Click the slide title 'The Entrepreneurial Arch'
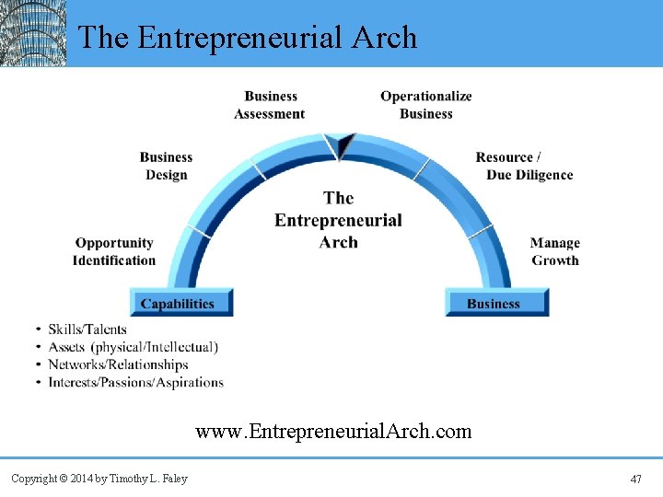pos(247,37)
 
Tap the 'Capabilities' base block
pos(178,304)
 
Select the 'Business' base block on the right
pos(494,304)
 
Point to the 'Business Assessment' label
pos(270,105)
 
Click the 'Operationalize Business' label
pos(425,105)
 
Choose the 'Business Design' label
pos(166,166)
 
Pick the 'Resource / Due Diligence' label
pos(524,166)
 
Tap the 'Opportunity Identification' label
pos(114,251)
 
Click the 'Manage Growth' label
pos(554,251)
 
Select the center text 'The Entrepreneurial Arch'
pos(338,220)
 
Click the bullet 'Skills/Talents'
pos(87,329)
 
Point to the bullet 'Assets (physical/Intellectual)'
pos(133,347)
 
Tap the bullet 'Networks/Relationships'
pos(118,364)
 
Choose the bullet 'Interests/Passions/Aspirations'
pos(135,382)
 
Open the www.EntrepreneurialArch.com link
pos(332,431)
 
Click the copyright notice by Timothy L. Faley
pos(99,479)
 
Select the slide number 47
pos(635,480)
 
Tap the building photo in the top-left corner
pos(33,33)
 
